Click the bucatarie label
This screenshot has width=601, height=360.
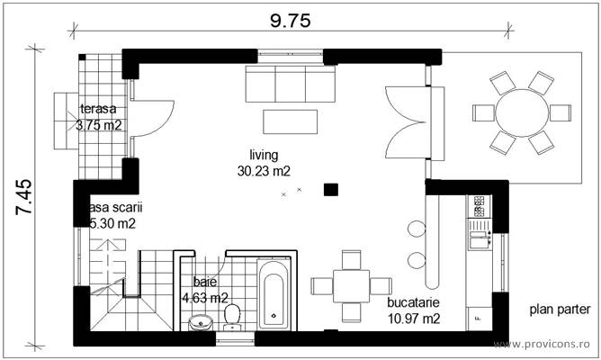(x=414, y=303)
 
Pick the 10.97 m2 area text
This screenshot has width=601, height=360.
(x=414, y=319)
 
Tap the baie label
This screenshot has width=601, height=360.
(x=205, y=282)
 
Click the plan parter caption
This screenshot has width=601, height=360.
(x=560, y=309)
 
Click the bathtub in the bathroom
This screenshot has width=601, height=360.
(x=272, y=295)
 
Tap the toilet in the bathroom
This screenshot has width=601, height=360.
(x=232, y=314)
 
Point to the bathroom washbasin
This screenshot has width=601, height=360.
(x=200, y=321)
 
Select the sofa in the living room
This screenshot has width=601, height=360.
(x=291, y=85)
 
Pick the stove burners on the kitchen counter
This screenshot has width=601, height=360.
(x=479, y=207)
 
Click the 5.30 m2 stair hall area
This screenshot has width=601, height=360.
(x=112, y=223)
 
